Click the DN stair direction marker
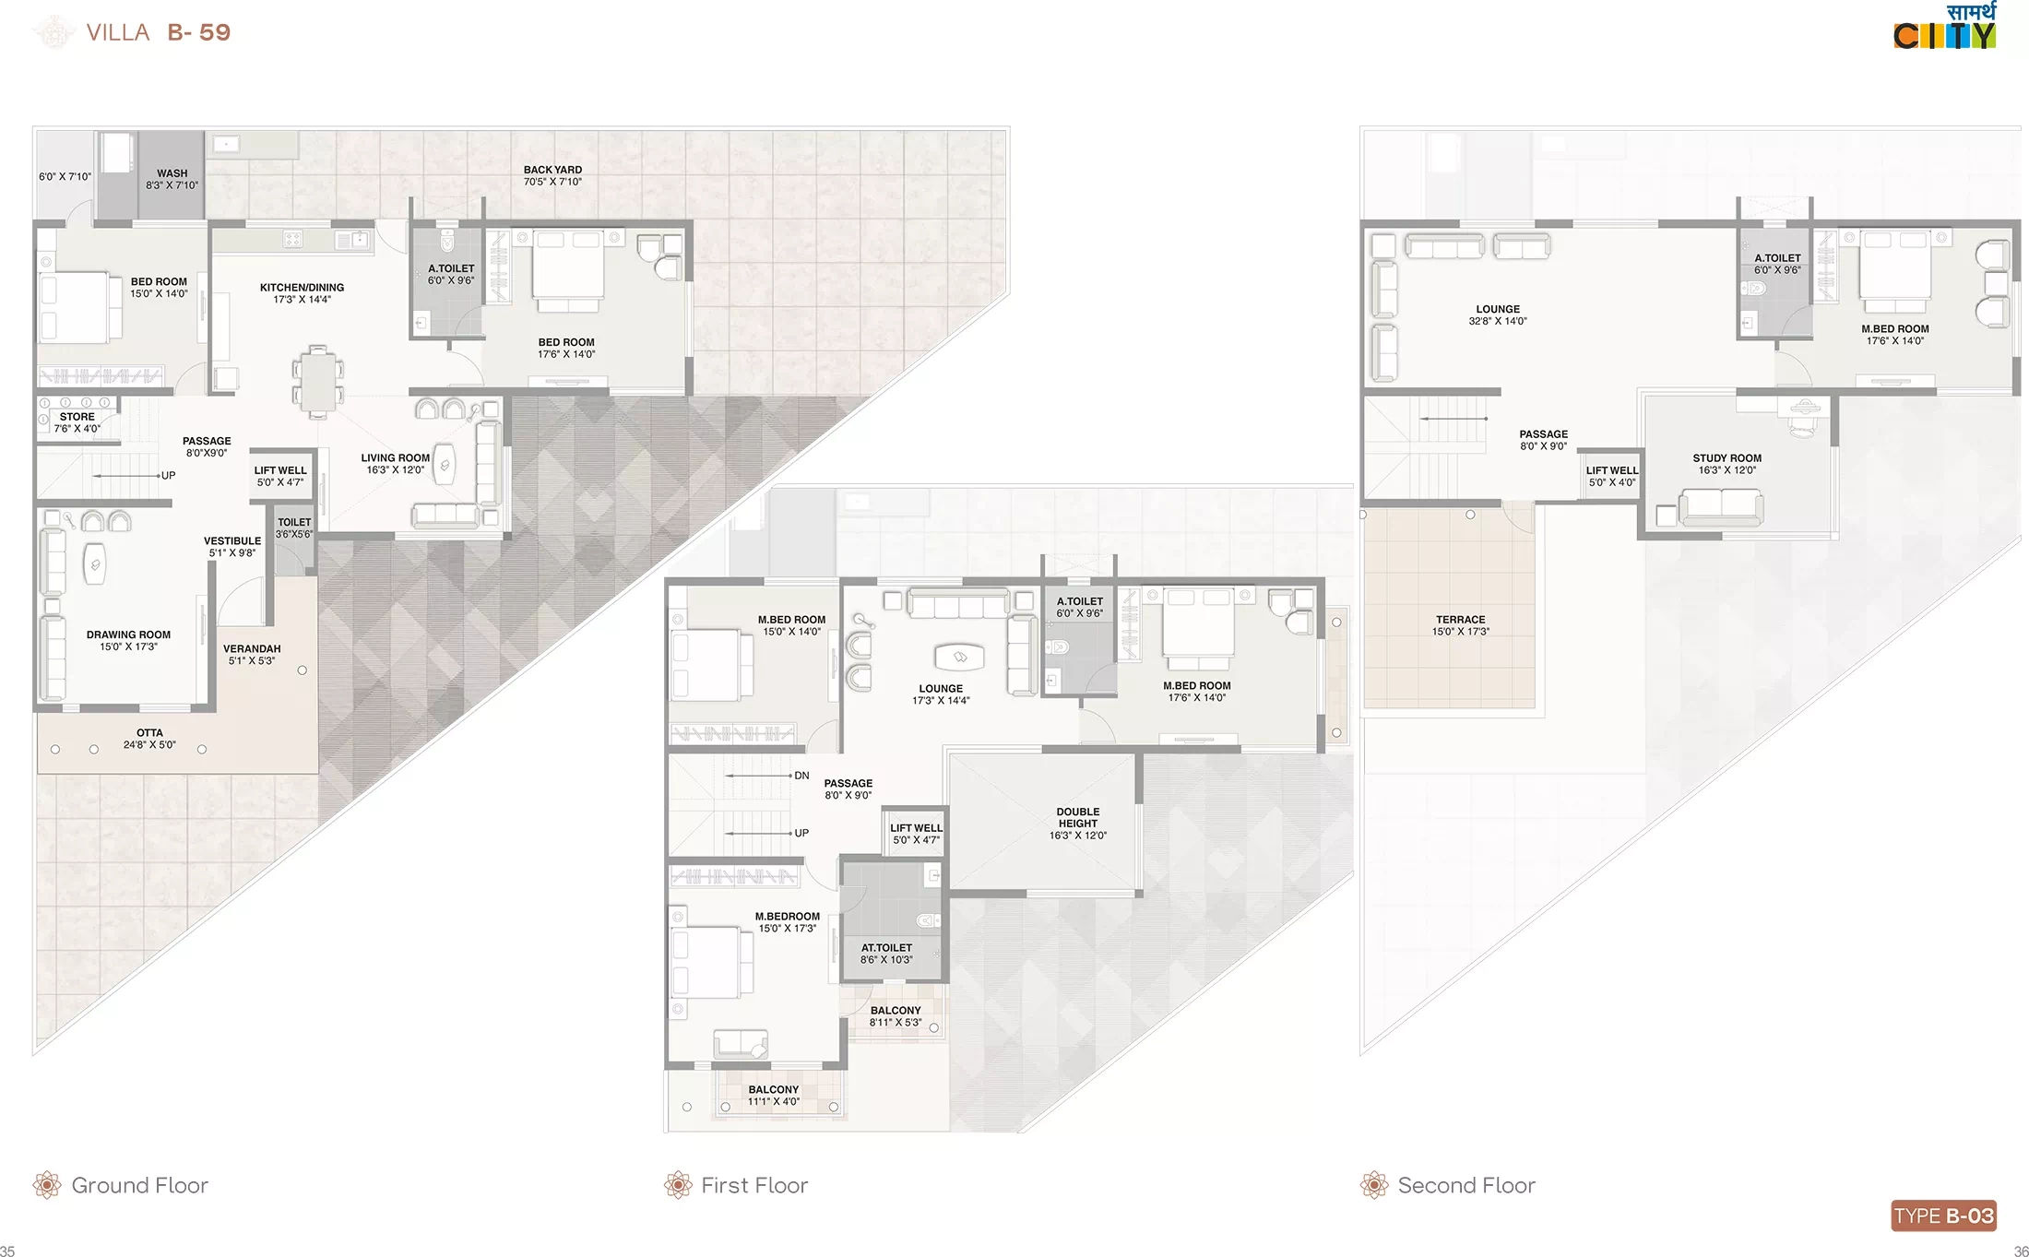[x=801, y=776]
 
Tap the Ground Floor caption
[x=139, y=1185]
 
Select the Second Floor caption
[x=1466, y=1185]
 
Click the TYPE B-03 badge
[x=1943, y=1215]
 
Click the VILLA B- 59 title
[x=158, y=32]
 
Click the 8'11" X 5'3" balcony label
[x=896, y=1022]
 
